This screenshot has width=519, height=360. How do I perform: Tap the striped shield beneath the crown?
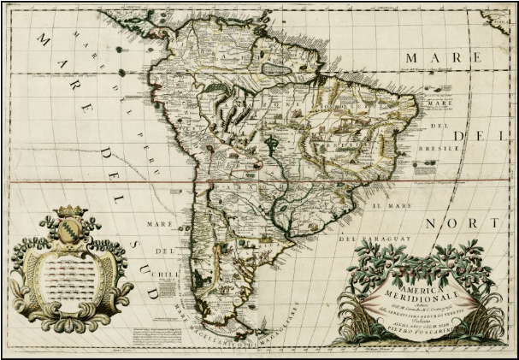68,232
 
